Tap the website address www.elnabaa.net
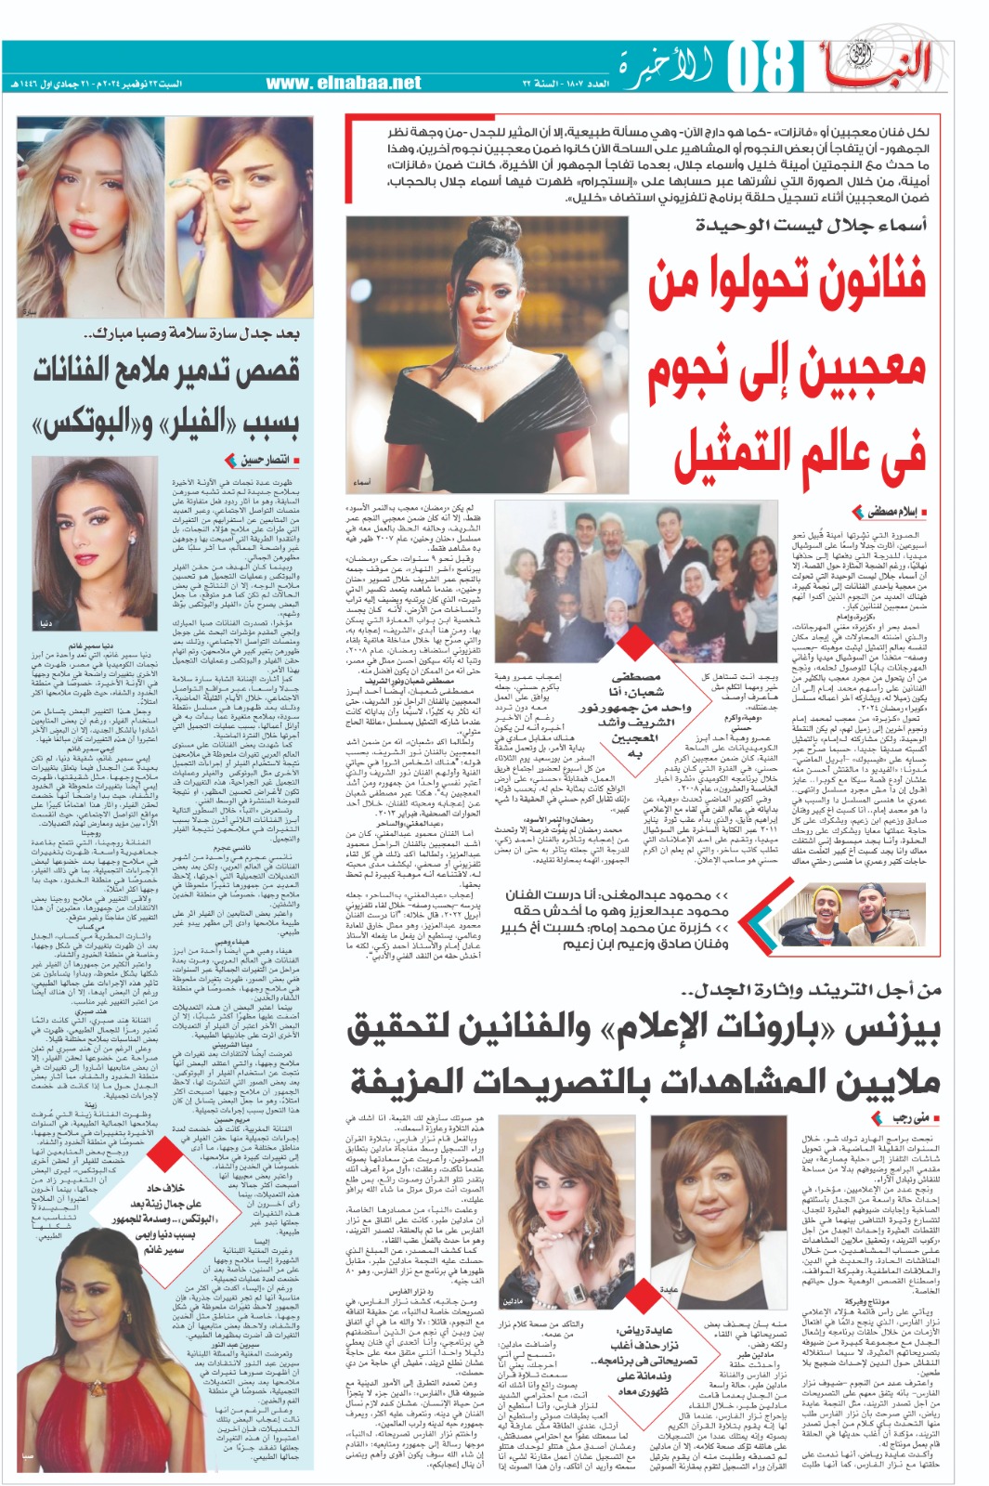[x=344, y=83]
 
